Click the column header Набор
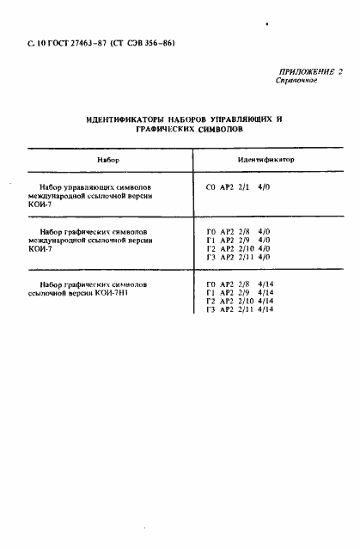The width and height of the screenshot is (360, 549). pyautogui.click(x=107, y=161)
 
